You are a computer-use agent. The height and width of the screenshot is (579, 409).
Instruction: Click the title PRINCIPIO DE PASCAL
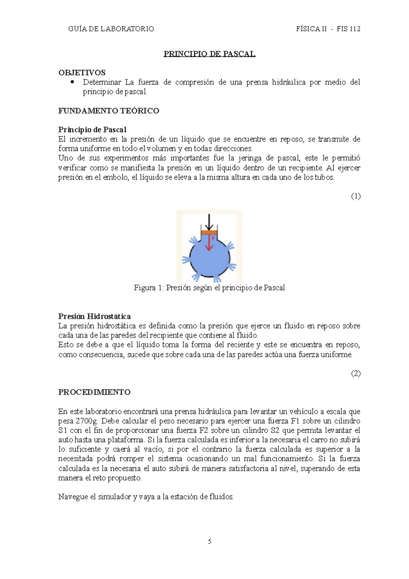point(209,54)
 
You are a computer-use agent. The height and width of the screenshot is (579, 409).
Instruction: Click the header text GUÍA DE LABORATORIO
point(111,29)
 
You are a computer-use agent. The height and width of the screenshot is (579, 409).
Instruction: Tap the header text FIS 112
point(348,29)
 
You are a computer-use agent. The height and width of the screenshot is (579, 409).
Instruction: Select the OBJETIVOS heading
point(82,73)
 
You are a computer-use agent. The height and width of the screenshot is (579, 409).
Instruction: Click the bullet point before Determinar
point(72,82)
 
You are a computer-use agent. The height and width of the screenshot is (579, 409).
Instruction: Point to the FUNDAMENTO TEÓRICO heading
point(109,111)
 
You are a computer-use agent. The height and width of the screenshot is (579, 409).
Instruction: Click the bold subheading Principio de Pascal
point(92,130)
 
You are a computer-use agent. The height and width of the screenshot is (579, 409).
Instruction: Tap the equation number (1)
point(355,196)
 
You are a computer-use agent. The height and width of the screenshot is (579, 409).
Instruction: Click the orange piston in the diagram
point(209,232)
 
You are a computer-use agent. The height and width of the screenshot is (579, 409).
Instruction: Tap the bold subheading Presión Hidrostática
point(94,316)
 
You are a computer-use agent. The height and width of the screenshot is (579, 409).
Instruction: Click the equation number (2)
point(355,373)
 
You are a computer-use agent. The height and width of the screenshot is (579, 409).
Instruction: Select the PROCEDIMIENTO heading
point(94,392)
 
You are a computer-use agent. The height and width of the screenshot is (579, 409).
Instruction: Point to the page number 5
point(210,541)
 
